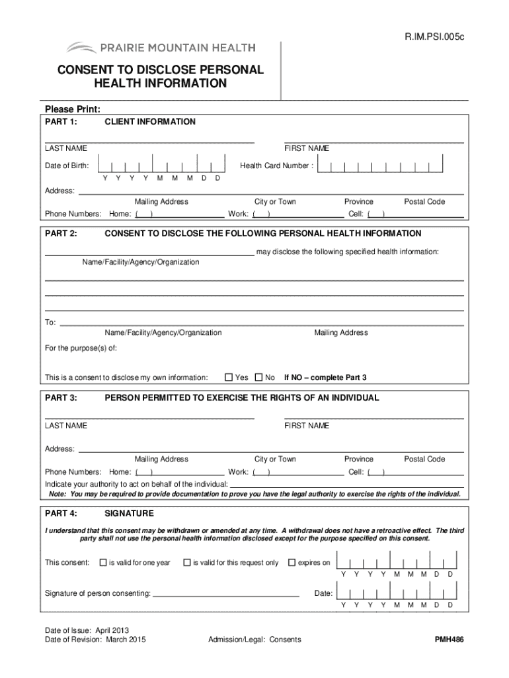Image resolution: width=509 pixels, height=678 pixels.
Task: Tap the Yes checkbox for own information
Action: click(229, 377)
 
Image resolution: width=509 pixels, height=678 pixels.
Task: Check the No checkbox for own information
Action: click(258, 377)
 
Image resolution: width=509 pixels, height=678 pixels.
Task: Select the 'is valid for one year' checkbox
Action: click(102, 563)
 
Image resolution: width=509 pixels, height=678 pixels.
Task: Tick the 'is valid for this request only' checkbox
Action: click(186, 563)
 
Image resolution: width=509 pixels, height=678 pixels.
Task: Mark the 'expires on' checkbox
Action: click(292, 563)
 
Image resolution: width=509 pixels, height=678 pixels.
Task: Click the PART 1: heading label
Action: click(61, 122)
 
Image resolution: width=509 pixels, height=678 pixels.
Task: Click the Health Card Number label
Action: click(276, 166)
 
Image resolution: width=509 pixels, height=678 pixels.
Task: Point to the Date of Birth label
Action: click(67, 166)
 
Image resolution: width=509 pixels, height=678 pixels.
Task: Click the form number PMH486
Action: click(449, 640)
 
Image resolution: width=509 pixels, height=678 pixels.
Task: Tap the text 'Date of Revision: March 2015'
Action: click(95, 640)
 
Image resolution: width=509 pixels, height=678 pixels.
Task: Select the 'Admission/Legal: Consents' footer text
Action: click(255, 640)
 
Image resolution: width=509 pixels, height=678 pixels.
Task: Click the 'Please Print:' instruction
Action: click(72, 109)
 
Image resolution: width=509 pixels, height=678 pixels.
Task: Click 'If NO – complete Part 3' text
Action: click(325, 377)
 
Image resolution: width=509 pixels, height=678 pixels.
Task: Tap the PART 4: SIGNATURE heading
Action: click(99, 513)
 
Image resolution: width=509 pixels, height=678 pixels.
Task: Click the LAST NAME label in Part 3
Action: click(65, 426)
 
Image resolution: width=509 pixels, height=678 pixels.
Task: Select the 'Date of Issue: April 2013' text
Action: click(87, 630)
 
